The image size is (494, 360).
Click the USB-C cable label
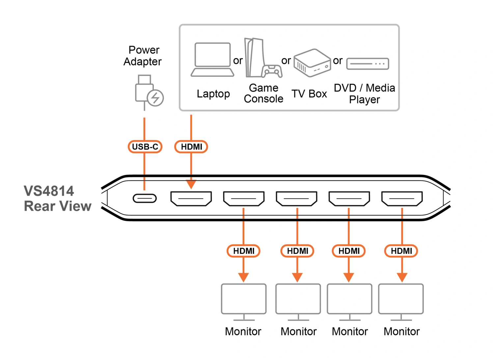tap(145, 147)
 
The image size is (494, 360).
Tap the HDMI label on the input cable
tap(191, 147)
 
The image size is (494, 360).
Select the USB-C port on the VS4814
tap(145, 198)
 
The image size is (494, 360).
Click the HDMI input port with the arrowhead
tap(191, 198)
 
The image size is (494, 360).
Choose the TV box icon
tap(312, 63)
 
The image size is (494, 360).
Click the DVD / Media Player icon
tap(368, 64)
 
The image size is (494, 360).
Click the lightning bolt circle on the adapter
tap(155, 98)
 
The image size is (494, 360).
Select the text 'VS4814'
tap(49, 191)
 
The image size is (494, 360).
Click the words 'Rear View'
tap(58, 206)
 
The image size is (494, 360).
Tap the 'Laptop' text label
tap(213, 94)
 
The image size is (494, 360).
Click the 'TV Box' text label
tap(309, 94)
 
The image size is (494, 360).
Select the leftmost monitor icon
tap(244, 301)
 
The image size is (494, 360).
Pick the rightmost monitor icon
tap(401, 301)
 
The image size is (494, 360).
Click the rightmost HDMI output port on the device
tap(402, 198)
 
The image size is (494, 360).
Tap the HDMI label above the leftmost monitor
tap(244, 251)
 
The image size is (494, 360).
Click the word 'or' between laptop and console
tap(238, 61)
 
